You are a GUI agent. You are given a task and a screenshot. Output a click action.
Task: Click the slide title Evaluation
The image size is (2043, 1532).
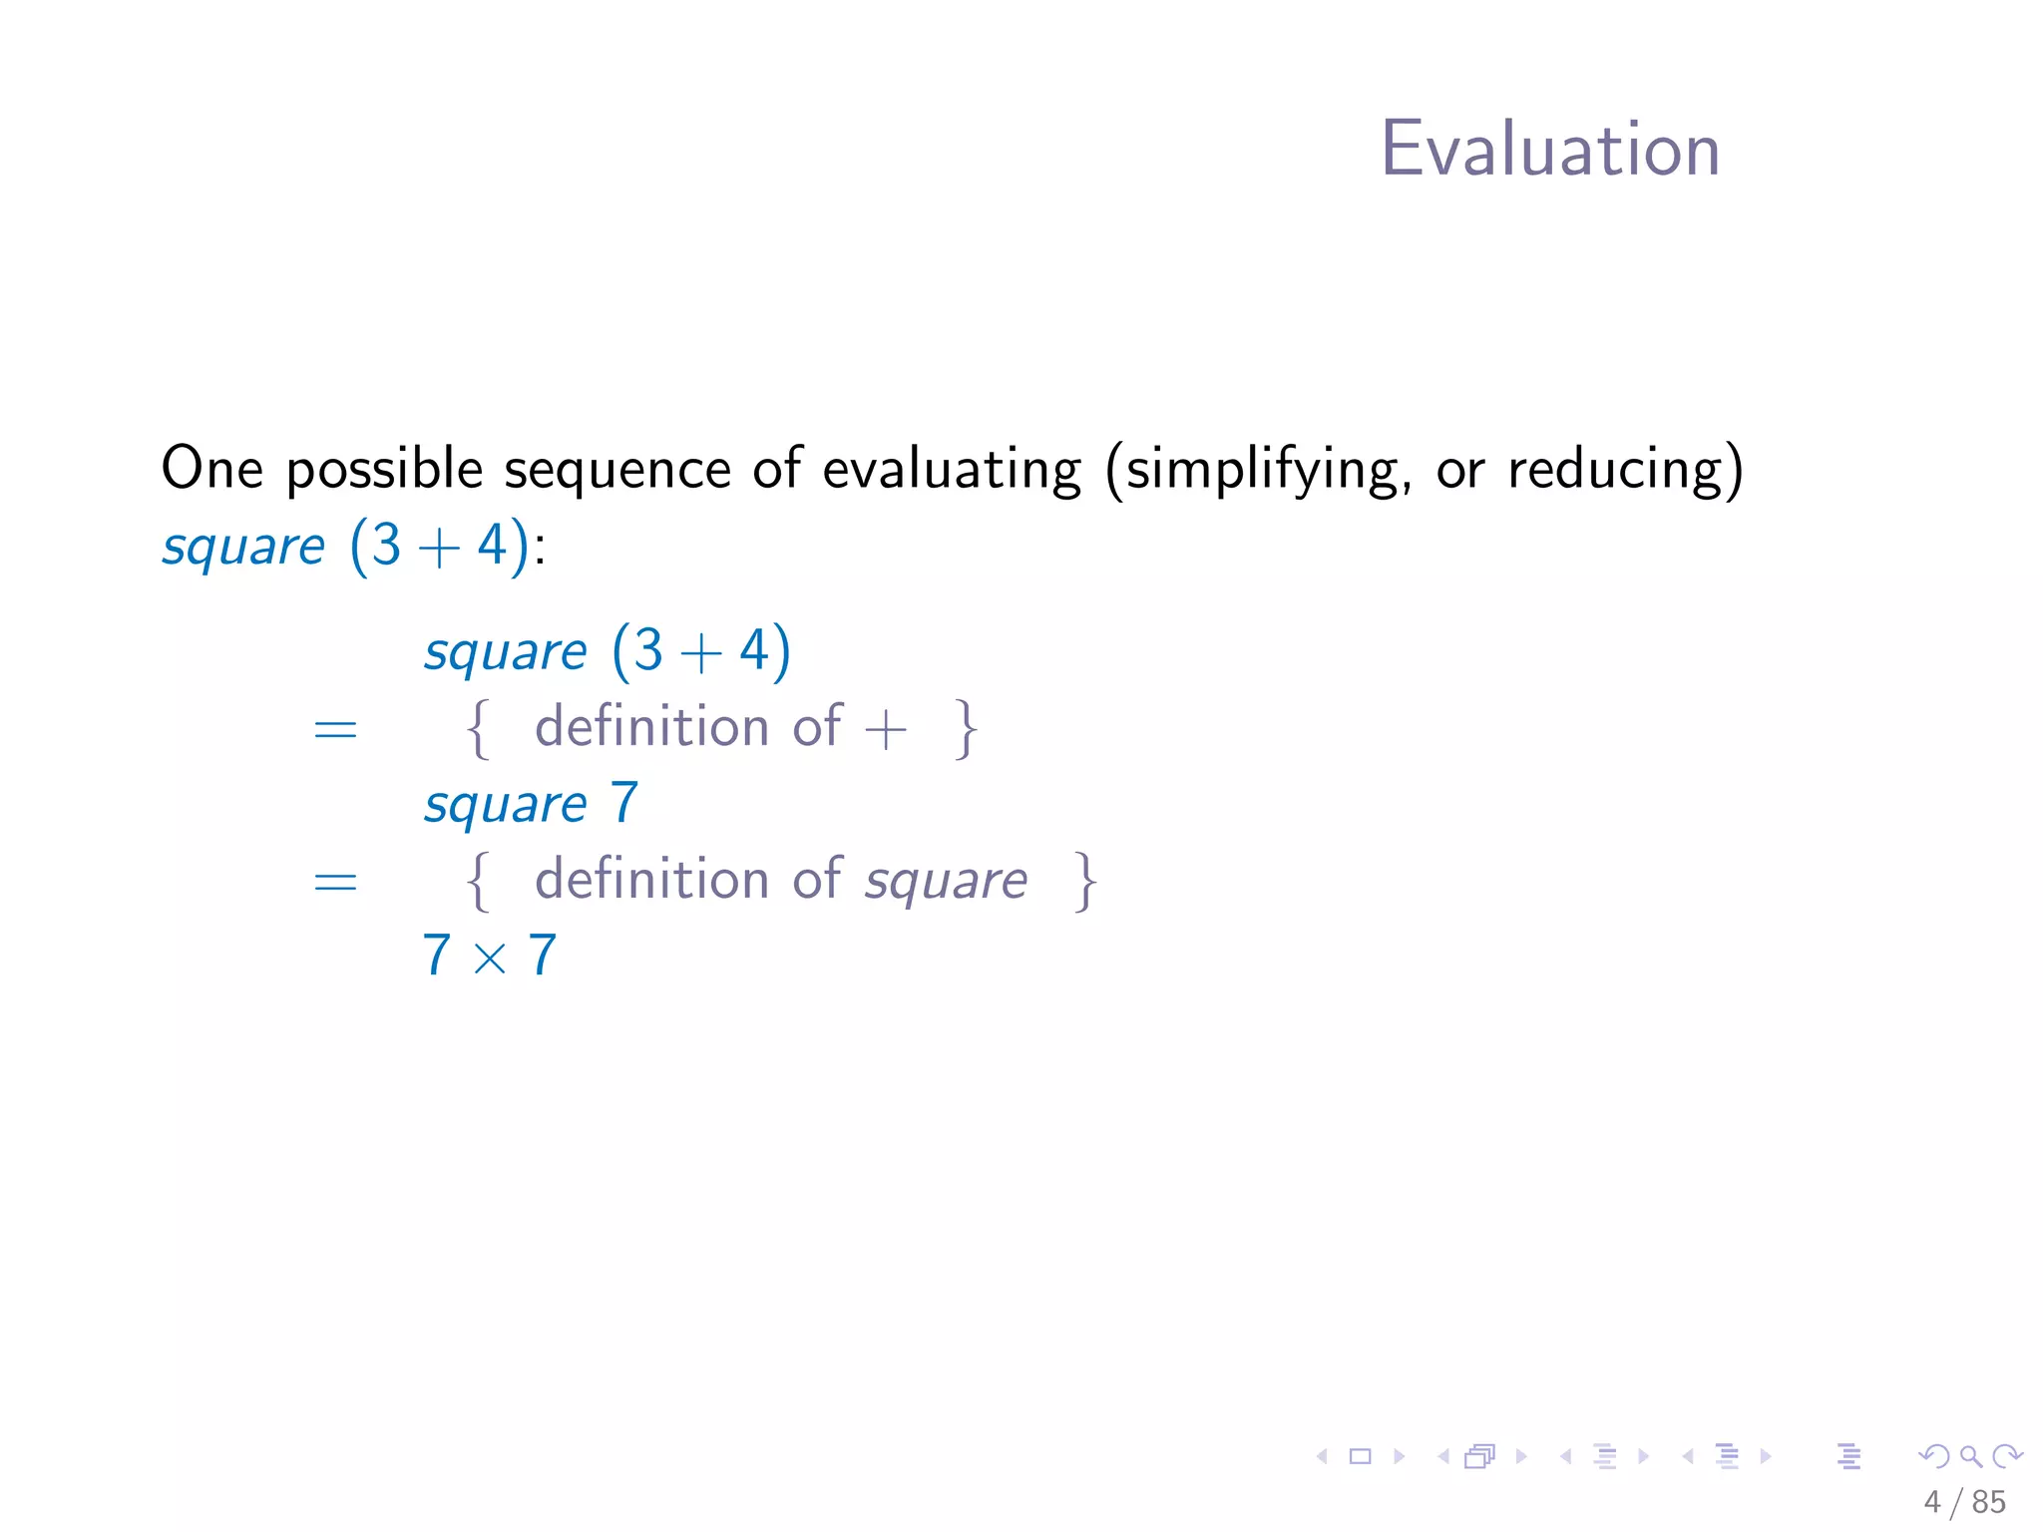[x=1549, y=150]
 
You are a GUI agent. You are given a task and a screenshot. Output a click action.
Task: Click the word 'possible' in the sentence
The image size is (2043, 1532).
[x=384, y=469]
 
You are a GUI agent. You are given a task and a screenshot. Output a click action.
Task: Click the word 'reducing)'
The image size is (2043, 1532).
[x=1625, y=469]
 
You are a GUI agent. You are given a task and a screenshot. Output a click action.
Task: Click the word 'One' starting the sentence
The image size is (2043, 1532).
[x=211, y=469]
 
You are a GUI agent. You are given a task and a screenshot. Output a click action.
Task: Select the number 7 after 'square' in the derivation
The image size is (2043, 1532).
[x=624, y=803]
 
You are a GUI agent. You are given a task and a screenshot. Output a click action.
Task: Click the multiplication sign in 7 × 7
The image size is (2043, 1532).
[x=490, y=958]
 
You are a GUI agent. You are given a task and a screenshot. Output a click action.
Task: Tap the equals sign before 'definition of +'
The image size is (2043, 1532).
[x=335, y=730]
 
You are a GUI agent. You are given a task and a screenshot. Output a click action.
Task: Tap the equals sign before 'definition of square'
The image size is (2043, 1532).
[x=335, y=882]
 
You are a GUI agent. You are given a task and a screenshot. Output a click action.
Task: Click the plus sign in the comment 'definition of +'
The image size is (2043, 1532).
[x=885, y=730]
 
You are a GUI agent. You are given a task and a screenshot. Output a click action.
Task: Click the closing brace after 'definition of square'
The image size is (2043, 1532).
[x=1085, y=882]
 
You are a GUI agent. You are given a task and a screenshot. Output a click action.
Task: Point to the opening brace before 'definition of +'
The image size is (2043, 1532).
[x=479, y=730]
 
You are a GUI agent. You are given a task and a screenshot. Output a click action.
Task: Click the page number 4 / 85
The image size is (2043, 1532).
[x=1964, y=1502]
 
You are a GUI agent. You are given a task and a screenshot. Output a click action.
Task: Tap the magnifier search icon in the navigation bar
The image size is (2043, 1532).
[x=1971, y=1456]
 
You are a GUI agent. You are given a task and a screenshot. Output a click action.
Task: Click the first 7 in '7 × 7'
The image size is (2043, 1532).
[x=436, y=956]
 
